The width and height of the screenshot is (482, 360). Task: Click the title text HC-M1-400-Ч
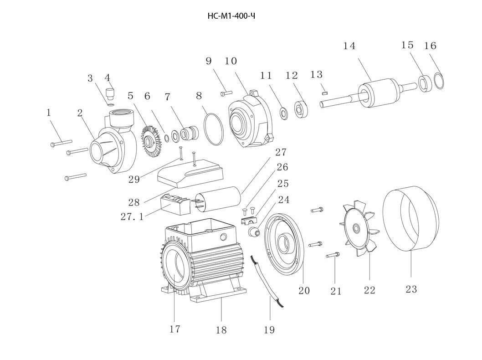click(231, 16)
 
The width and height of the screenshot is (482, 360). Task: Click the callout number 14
click(349, 46)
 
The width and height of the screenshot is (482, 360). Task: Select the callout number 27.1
click(132, 217)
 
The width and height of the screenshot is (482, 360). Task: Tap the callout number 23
click(411, 289)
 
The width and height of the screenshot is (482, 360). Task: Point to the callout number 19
click(269, 330)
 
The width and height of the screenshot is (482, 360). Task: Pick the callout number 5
click(131, 96)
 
